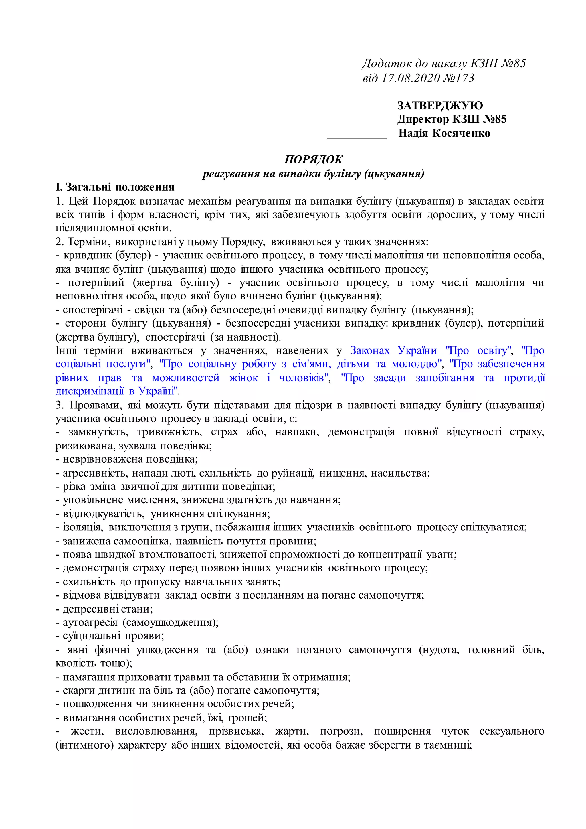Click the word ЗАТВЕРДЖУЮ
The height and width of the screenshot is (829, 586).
(x=440, y=106)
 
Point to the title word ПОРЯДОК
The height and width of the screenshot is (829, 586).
(x=313, y=160)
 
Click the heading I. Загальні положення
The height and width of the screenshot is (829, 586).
(x=115, y=187)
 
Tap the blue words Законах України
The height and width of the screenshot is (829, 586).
(x=393, y=351)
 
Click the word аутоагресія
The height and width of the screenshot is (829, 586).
(x=90, y=623)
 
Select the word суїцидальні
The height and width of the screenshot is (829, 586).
(x=92, y=636)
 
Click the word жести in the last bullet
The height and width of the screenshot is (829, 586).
(x=87, y=731)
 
